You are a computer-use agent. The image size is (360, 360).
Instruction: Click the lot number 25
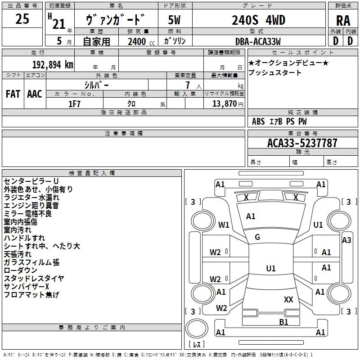[22, 19]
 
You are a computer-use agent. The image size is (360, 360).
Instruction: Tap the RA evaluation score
[343, 21]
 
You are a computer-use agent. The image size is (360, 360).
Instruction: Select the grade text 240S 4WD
[259, 20]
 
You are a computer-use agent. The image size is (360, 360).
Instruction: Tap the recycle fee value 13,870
[227, 104]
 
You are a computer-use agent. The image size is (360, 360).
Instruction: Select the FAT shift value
[13, 94]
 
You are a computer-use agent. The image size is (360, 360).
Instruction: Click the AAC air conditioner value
[35, 94]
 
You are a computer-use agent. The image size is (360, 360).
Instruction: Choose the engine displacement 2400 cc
[137, 41]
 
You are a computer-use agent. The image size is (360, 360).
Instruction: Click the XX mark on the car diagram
[288, 299]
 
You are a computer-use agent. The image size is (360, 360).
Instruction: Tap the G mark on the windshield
[257, 237]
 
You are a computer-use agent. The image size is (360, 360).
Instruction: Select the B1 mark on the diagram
[283, 321]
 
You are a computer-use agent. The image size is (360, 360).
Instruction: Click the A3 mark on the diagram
[346, 240]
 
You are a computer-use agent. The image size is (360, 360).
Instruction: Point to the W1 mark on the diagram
[224, 225]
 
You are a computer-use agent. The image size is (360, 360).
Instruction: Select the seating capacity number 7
[186, 85]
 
